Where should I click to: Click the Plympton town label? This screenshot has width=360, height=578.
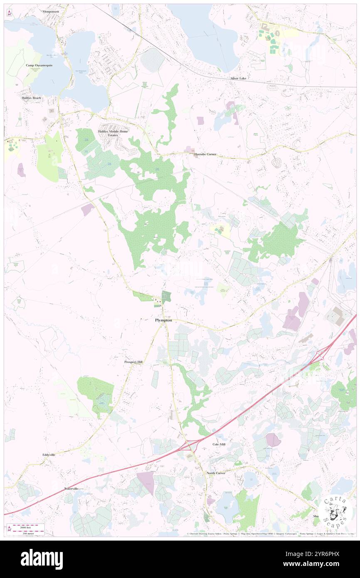[x=163, y=321]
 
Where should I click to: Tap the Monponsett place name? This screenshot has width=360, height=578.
[x=51, y=12]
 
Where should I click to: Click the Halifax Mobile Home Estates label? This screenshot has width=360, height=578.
[x=113, y=133]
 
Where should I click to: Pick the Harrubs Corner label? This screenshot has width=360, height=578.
[x=205, y=154]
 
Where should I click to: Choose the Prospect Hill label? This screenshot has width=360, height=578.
[x=133, y=362]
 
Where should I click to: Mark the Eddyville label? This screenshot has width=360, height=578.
[x=49, y=454]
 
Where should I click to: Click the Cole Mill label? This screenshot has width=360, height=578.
[x=219, y=445]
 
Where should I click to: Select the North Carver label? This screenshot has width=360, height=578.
[x=216, y=473]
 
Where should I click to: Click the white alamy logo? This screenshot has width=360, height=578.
[x=42, y=559]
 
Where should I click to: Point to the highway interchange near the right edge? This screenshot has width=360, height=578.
[x=321, y=355]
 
